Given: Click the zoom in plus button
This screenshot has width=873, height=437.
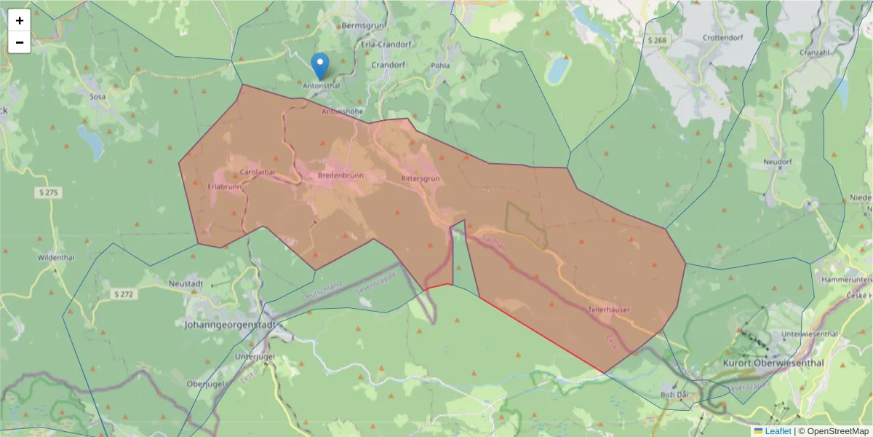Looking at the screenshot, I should pos(20,20).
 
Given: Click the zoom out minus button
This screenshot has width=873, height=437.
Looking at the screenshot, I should pos(20,42).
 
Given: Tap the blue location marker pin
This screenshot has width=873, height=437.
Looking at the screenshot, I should pos(319,66).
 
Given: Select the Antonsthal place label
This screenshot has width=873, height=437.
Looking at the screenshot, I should pos(321,85).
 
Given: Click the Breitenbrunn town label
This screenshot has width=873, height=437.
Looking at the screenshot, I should pos(340,176).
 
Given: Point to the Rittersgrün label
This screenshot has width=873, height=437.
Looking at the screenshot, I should pos(420,178).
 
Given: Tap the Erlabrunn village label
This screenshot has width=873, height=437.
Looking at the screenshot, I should pos(224,186).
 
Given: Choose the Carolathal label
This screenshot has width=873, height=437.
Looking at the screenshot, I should pos(258,172).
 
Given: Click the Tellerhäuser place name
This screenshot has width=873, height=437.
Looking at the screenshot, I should pos(609,310).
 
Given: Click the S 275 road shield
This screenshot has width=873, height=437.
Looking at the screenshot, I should pos(49,192).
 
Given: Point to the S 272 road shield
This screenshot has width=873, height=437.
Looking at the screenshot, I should pos(124,294).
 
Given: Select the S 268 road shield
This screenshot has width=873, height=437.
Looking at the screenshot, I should pos(658,40).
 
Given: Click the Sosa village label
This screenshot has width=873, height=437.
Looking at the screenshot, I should pos(97,96).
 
